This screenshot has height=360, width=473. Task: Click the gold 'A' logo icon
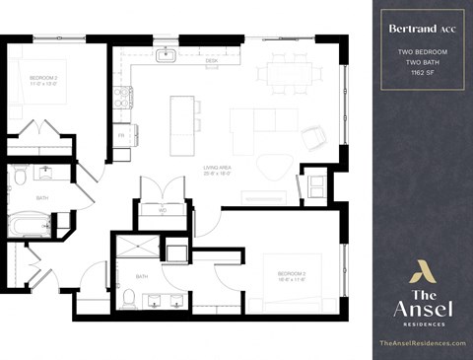click(423, 271)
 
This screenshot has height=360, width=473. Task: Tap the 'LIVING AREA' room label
click(217, 170)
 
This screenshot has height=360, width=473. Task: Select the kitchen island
click(182, 125)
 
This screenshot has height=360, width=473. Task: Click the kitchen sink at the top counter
click(166, 55)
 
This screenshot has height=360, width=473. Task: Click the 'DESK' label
click(211, 61)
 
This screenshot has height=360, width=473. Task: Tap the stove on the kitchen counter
click(123, 97)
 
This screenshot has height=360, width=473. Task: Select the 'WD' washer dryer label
click(163, 208)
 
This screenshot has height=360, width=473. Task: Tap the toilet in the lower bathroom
click(129, 296)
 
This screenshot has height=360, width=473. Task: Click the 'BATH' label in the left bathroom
click(42, 197)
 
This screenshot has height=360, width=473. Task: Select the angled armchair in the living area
click(312, 136)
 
